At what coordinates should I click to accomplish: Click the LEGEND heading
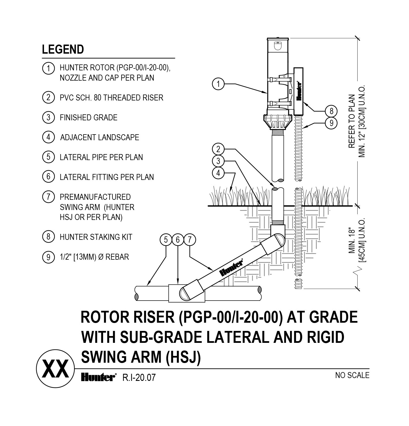(x=63, y=49)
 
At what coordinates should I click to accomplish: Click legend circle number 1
(x=48, y=68)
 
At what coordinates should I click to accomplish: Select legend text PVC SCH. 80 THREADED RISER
(x=111, y=98)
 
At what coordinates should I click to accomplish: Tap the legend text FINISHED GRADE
(x=88, y=117)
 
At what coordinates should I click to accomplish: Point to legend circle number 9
(x=48, y=257)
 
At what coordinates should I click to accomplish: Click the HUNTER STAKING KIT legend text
(x=96, y=237)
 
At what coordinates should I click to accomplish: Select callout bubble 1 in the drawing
(x=218, y=84)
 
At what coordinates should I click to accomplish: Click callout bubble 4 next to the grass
(x=218, y=173)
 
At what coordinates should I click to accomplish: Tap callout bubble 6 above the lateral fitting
(x=178, y=240)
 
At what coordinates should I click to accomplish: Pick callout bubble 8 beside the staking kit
(x=331, y=111)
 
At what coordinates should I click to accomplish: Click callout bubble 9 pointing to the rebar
(x=331, y=123)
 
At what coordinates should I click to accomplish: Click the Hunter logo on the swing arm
(x=231, y=268)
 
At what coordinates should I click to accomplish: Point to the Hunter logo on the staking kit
(x=299, y=91)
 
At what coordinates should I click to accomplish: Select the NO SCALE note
(x=352, y=375)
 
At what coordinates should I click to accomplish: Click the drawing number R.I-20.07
(x=139, y=378)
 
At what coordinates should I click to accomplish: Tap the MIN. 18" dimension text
(x=352, y=240)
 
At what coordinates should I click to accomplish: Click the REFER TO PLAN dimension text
(x=352, y=121)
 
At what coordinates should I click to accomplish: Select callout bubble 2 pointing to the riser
(x=218, y=149)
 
